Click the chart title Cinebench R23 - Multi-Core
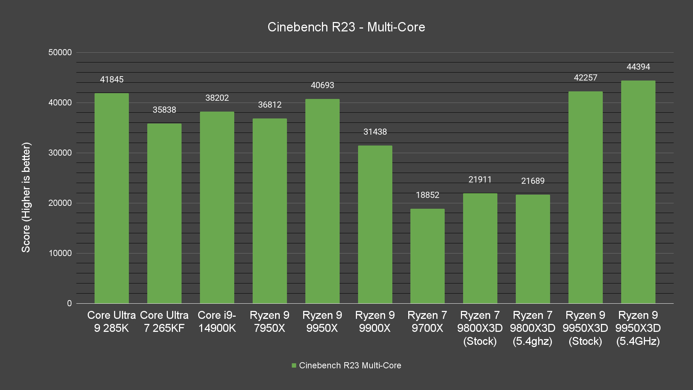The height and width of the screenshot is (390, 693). pos(346,27)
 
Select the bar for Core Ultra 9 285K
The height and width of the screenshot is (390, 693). pos(112,198)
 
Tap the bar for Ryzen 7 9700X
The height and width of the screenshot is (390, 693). pos(427,256)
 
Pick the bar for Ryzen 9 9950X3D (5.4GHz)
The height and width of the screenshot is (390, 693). pos(638,192)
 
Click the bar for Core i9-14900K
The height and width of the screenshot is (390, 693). pos(217,207)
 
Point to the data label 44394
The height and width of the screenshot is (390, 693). pos(638,67)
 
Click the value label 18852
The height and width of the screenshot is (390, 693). pos(427,195)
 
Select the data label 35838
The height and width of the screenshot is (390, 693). pos(164,110)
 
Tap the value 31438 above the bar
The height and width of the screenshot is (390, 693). pos(375,132)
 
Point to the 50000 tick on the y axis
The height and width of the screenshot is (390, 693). pos(60,52)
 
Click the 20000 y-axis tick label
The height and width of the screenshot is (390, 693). pos(60,203)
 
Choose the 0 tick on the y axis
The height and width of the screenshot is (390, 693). pos(69,303)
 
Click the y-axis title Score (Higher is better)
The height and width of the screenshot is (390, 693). pos(26,197)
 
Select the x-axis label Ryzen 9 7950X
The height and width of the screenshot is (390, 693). pos(269,321)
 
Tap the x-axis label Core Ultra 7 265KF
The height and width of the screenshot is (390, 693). pos(164,321)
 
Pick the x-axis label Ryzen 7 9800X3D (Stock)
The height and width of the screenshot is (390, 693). pos(480,328)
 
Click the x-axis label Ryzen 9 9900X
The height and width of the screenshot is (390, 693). pos(375,321)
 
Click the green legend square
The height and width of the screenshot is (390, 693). pos(294,365)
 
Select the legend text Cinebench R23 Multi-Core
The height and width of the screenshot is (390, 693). pos(350,365)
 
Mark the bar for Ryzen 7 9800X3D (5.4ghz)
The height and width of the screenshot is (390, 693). pos(532,249)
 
